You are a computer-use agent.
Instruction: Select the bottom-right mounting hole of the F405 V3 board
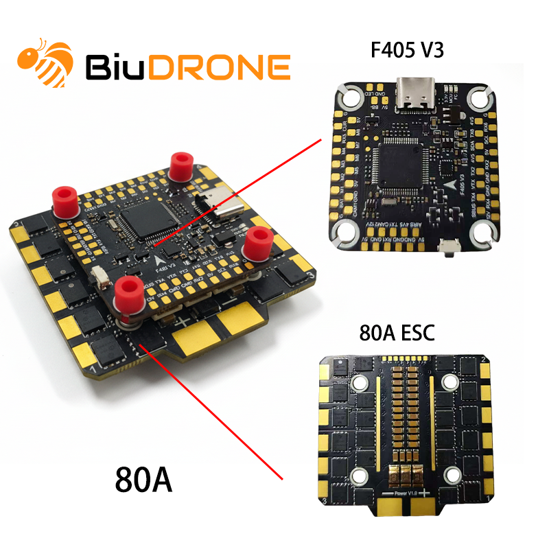point(484,235)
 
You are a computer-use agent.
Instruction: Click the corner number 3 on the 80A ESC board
point(486,495)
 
